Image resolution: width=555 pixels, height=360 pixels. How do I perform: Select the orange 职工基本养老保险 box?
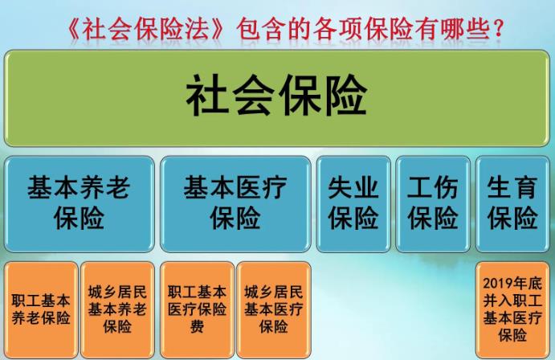[x=41, y=309]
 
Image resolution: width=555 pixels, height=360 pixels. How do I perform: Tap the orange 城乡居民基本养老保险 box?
[x=117, y=309]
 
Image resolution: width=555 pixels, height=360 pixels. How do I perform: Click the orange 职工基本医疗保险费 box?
[x=197, y=309]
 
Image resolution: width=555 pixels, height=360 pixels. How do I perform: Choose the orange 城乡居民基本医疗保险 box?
[x=273, y=309]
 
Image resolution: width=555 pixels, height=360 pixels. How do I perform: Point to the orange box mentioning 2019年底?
[x=512, y=309]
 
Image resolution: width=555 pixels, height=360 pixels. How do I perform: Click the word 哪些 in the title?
[x=459, y=31]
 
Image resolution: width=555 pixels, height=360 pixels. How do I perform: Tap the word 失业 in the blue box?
[x=353, y=189]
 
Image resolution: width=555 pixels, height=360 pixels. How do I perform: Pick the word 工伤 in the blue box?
[x=432, y=189]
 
